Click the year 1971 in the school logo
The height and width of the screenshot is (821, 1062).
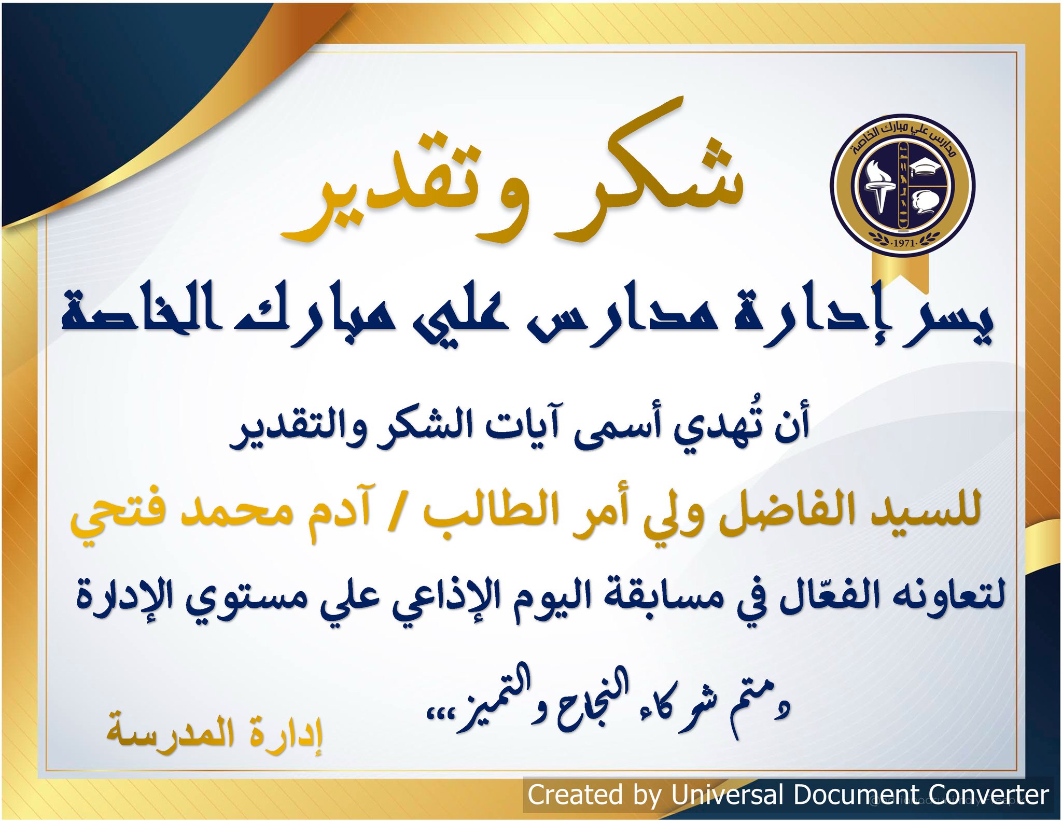tap(903, 242)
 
